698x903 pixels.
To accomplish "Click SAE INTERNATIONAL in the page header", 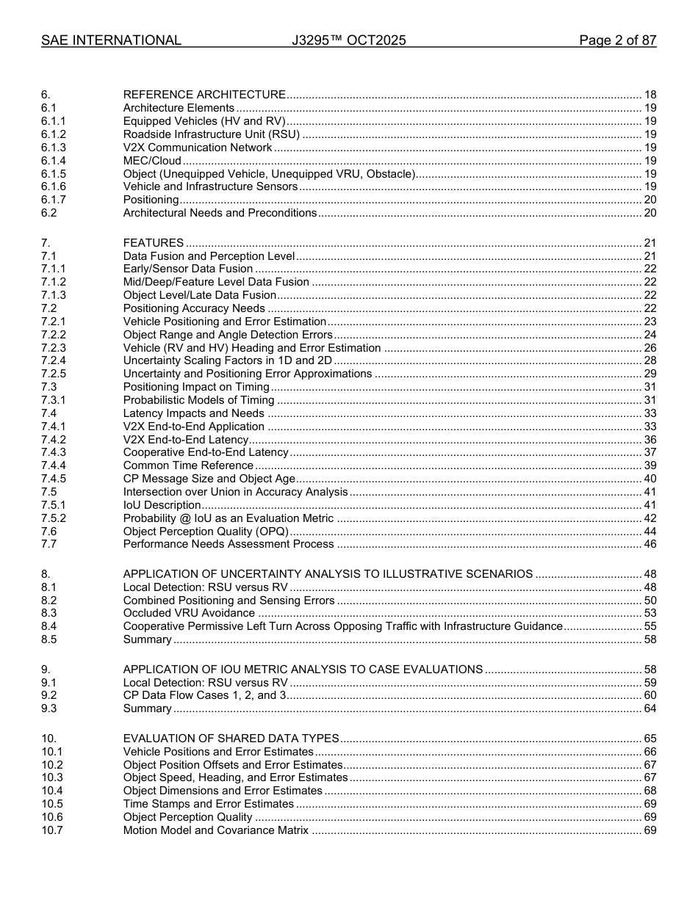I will (x=111, y=40).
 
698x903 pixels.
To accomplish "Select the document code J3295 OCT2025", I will (x=348, y=40).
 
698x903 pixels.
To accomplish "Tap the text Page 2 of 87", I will (x=617, y=40).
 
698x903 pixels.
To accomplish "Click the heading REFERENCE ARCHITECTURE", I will (x=204, y=95).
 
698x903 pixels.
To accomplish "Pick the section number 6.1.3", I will (x=54, y=148).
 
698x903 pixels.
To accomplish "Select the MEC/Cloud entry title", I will (x=152, y=161).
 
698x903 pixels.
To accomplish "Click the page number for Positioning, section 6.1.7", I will (x=650, y=200).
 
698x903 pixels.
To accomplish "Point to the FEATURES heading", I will (x=154, y=243).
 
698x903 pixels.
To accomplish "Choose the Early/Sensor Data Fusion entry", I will (x=188, y=269).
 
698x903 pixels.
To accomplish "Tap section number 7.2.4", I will (x=54, y=360).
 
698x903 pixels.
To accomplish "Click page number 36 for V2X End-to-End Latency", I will (x=650, y=440).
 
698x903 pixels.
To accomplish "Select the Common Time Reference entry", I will (x=188, y=465).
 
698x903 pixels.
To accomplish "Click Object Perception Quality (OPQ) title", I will (x=206, y=532).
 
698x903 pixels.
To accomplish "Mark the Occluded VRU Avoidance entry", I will (x=189, y=613).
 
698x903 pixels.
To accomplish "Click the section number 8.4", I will (x=48, y=626).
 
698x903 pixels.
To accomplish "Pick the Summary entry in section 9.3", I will (x=147, y=708).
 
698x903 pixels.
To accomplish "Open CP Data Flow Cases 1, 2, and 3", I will (x=204, y=695).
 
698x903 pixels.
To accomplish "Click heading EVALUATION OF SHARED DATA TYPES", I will (x=231, y=739).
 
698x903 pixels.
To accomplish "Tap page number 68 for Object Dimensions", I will (x=650, y=791).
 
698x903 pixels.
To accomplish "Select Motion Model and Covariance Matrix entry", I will (x=216, y=830).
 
